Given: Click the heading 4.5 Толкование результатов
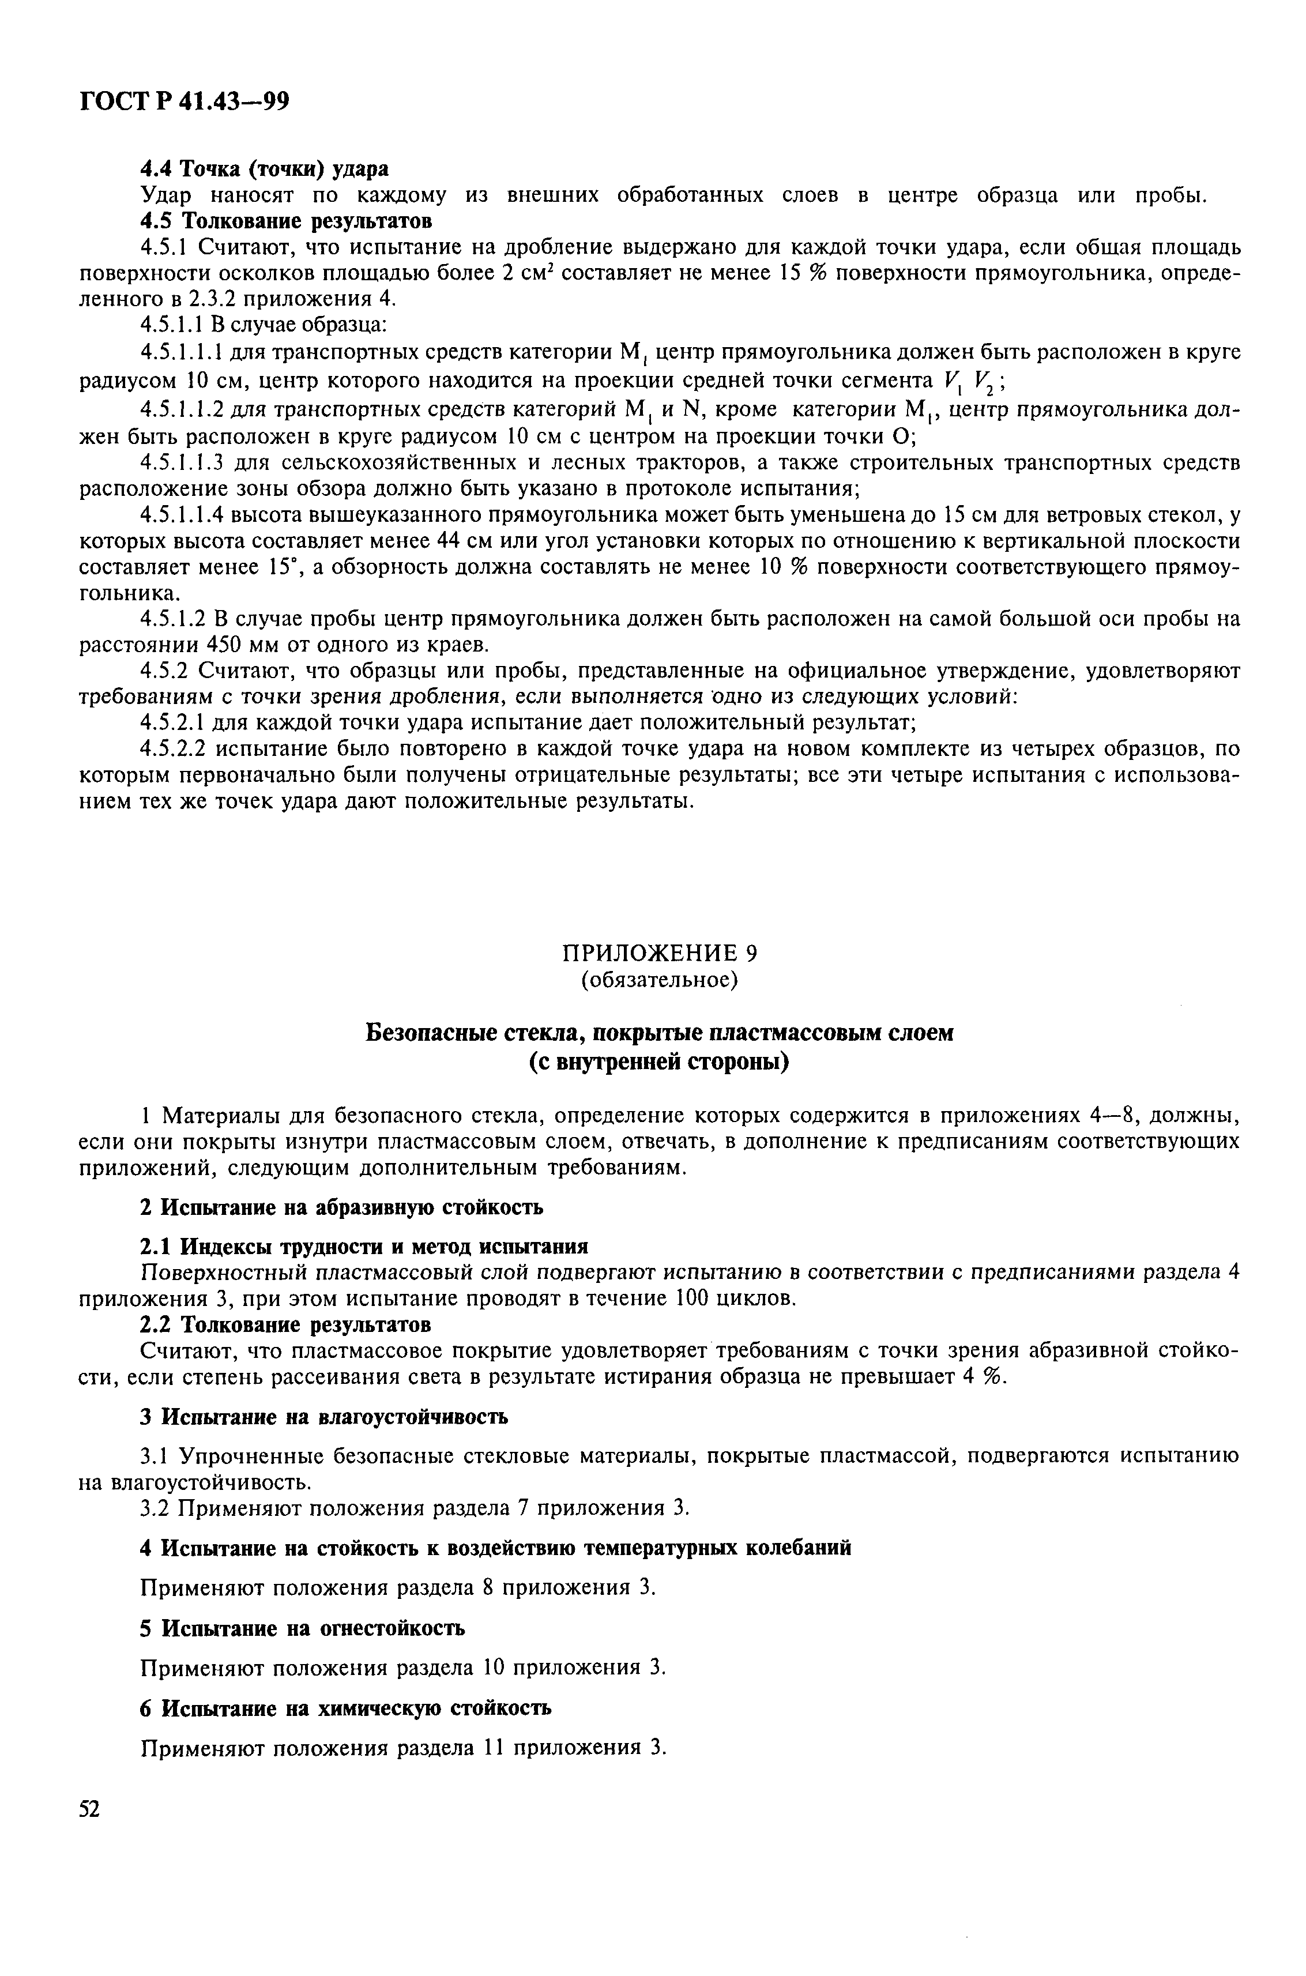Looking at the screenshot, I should click(x=285, y=221).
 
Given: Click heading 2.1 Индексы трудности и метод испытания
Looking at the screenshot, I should click(x=364, y=1247).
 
